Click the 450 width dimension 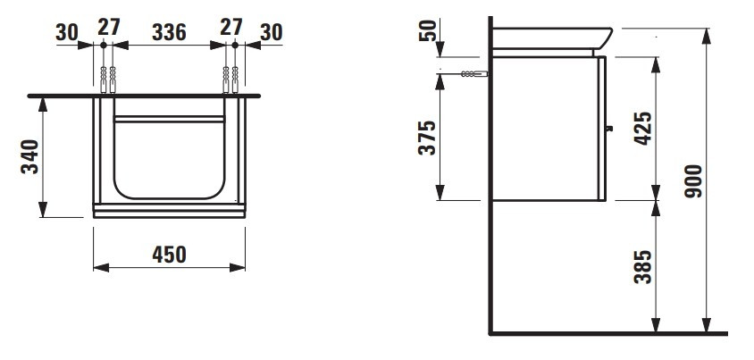169,255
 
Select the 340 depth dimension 29,156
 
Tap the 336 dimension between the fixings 169,32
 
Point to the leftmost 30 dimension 67,32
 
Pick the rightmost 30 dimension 272,32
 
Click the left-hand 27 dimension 109,27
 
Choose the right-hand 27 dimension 231,27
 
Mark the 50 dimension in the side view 428,29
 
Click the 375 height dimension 427,138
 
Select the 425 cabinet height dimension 643,128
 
